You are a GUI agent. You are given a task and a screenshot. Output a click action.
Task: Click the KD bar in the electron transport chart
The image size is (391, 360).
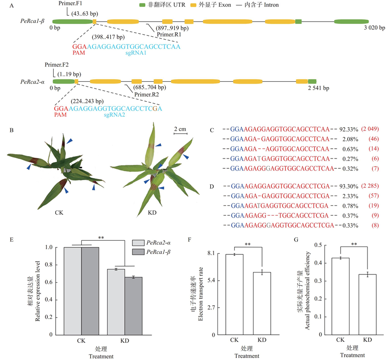(x=262, y=303)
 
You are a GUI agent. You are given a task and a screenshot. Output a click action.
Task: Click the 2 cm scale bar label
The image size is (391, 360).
(x=180, y=129)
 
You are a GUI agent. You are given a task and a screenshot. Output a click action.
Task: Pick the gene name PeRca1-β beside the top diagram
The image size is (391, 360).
(x=33, y=22)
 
